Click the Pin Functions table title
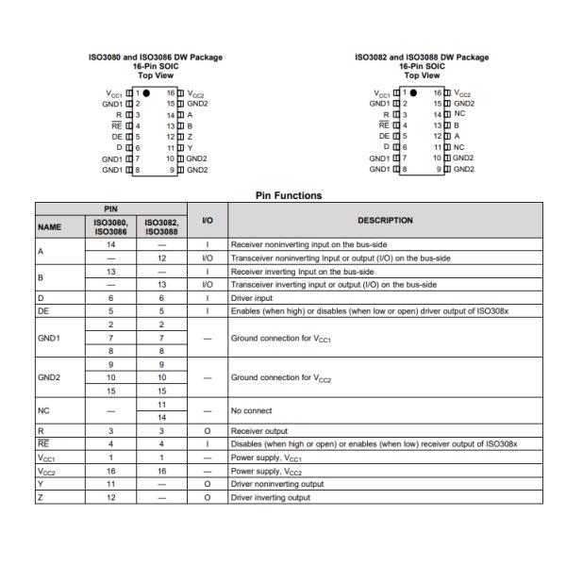coord(289,196)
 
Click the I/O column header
coord(206,221)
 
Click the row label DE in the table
coord(43,308)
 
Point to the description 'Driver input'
coord(255,296)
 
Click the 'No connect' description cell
coord(252,411)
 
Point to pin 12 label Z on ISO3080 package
coord(190,136)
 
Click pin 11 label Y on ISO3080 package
coord(190,148)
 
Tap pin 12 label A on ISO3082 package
coord(457,136)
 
